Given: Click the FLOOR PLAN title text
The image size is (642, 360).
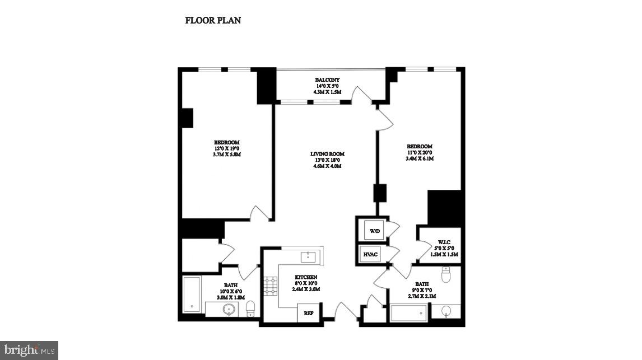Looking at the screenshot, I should (x=213, y=21).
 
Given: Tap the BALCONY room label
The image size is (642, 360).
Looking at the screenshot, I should (x=327, y=80).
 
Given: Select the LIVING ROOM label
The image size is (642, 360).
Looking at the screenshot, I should (x=327, y=153).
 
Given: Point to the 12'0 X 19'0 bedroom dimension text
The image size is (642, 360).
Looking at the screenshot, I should (x=227, y=148).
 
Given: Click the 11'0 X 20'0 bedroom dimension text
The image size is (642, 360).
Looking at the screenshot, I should (x=420, y=152).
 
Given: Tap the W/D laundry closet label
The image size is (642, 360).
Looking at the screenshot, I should (x=373, y=230).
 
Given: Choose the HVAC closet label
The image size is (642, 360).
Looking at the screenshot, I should (x=371, y=255).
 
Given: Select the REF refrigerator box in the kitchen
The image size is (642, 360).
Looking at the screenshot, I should (x=308, y=314).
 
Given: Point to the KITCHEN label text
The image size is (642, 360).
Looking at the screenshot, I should (x=306, y=277).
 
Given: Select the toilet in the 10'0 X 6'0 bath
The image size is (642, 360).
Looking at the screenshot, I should (x=250, y=308).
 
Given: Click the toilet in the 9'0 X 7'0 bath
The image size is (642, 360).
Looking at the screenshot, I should (x=446, y=274).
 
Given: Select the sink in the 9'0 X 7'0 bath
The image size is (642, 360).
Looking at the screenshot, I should (x=446, y=311).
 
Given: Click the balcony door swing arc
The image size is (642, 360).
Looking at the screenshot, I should (x=361, y=94).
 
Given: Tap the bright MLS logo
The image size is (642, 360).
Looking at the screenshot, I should (x=29, y=350).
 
